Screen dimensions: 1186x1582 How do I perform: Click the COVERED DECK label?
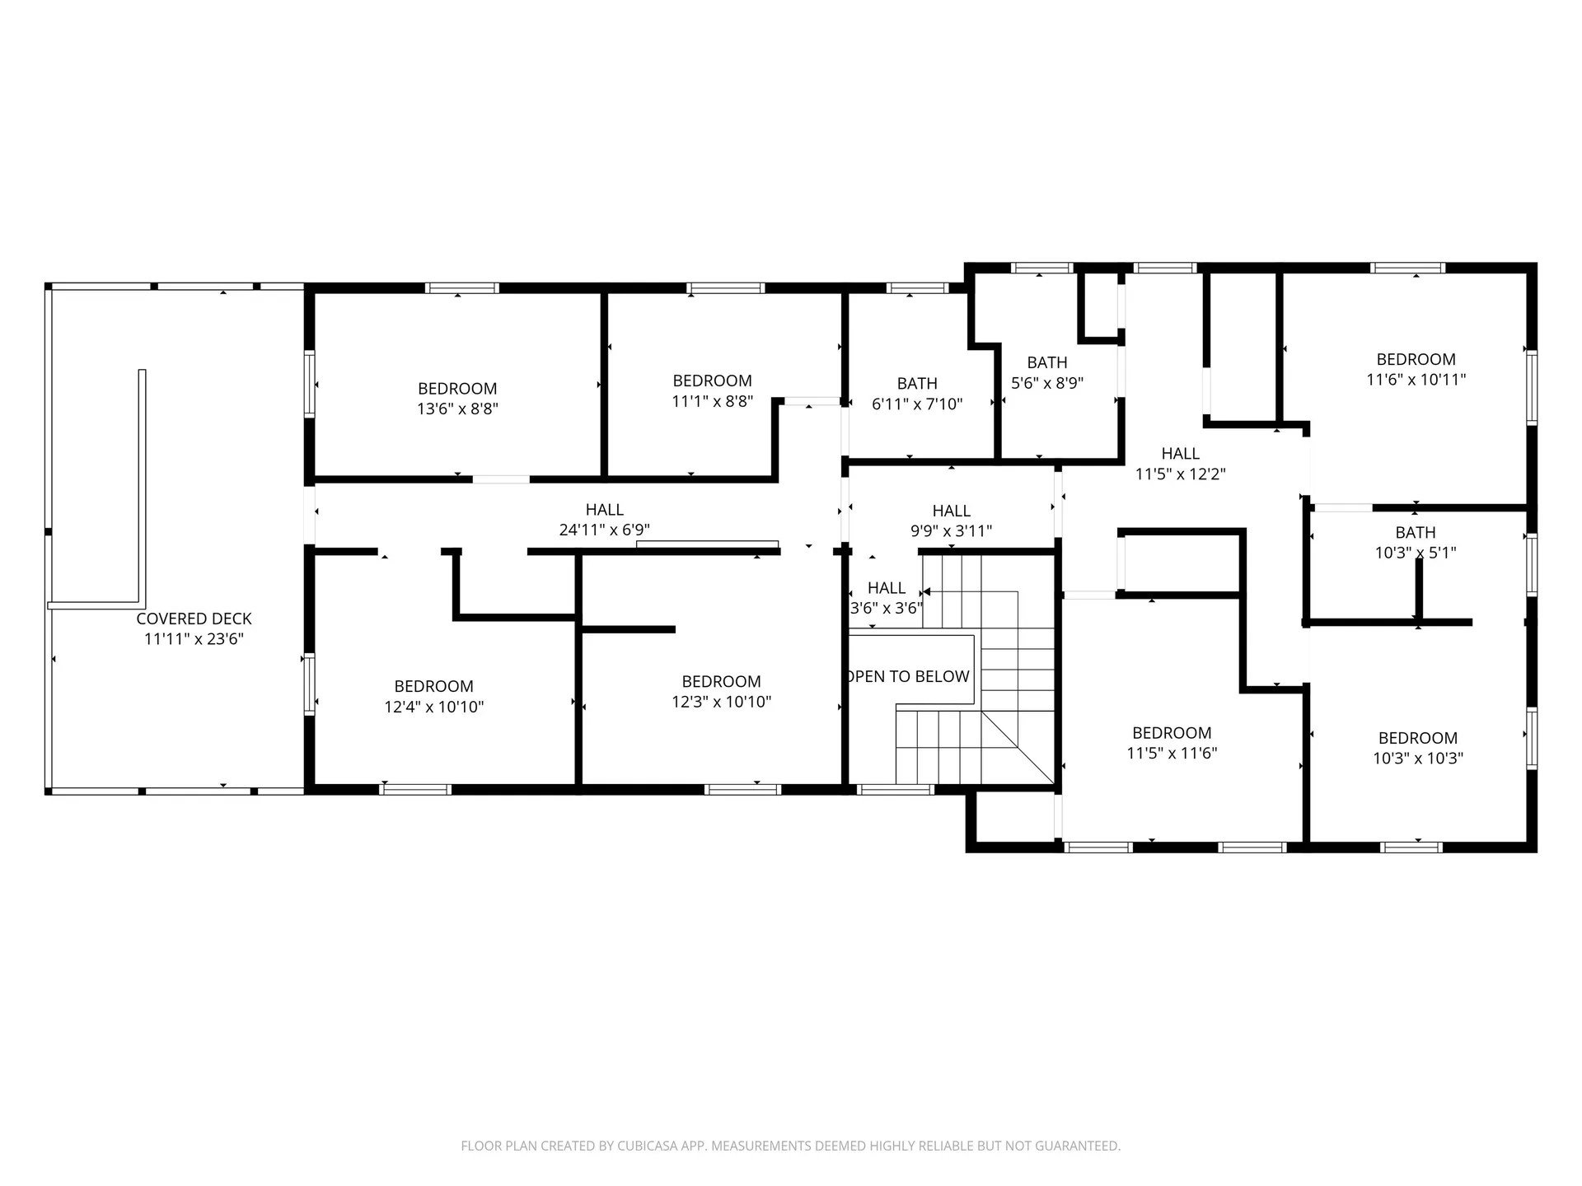point(194,619)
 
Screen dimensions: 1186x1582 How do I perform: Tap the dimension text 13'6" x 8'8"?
point(457,409)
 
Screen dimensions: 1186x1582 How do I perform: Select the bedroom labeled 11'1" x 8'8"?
point(712,390)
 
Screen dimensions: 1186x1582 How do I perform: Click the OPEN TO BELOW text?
point(909,676)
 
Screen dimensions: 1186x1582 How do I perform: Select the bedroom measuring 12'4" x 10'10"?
point(433,696)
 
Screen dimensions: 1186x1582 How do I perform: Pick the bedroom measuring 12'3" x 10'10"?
point(721,691)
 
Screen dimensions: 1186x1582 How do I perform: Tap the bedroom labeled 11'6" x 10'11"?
point(1416,369)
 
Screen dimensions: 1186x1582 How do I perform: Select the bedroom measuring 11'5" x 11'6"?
point(1171,742)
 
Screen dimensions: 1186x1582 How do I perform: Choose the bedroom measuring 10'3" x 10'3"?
point(1417,748)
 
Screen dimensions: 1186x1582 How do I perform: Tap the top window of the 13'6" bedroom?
point(462,288)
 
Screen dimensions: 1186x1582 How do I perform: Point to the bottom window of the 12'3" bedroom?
point(742,789)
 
